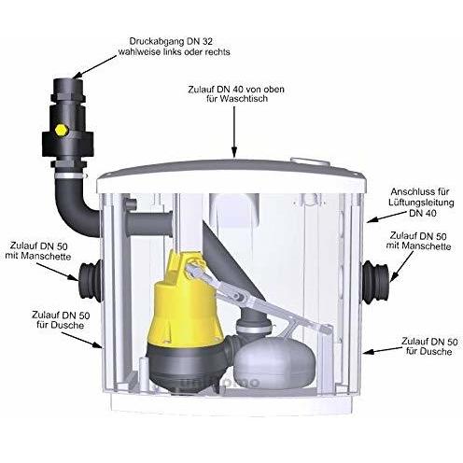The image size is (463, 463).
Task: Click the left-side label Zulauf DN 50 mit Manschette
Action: [36, 246]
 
